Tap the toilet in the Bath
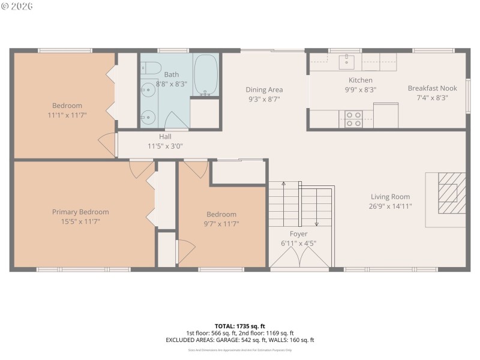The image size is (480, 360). (x=149, y=67)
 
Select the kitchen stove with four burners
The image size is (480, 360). (x=353, y=119)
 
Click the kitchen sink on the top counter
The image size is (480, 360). (x=346, y=61)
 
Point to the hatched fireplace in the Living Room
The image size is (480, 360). (x=451, y=193)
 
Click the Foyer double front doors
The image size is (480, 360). (x=299, y=259)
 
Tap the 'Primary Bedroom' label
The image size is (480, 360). (x=80, y=212)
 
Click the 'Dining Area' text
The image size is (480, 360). (x=264, y=90)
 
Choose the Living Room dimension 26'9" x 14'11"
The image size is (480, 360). (x=390, y=206)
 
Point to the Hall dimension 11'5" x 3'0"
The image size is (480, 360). (x=165, y=146)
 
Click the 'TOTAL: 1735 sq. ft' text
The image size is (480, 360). (x=239, y=326)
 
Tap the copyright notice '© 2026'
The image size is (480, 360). (x=17, y=6)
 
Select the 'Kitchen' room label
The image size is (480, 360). (x=361, y=80)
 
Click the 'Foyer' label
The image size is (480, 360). (x=298, y=234)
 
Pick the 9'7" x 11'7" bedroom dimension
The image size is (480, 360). (x=221, y=224)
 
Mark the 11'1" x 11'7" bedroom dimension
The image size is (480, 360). (x=67, y=115)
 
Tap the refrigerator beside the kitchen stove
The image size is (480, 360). (x=386, y=115)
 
